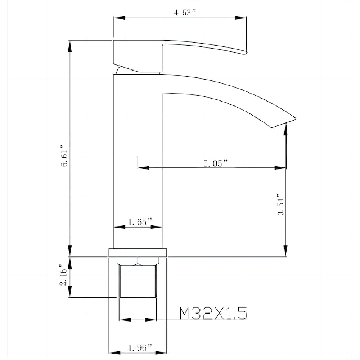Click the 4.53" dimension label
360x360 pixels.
pos(185,13)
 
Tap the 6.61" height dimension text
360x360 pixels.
pos(65,156)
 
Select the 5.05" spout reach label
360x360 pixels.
pos(215,163)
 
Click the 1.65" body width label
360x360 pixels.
pos(140,222)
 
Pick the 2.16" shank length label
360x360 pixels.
pos(63,275)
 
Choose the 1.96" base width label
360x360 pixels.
pos(140,348)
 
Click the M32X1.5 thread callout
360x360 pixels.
pos(213,313)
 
